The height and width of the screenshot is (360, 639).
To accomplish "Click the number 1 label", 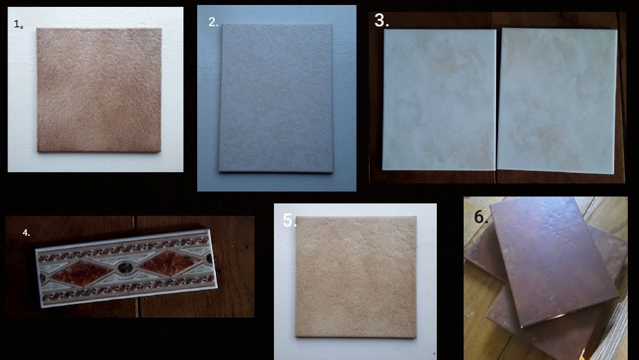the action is [18, 24].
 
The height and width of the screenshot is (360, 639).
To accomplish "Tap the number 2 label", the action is [213, 22].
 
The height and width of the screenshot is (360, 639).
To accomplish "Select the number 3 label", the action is [381, 21].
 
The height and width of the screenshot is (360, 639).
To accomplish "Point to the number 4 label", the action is [26, 233].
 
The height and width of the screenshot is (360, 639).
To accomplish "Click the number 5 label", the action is [290, 220].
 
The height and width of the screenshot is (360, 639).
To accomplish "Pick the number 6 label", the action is [481, 216].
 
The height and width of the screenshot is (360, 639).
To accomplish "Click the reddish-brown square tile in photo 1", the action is [99, 90].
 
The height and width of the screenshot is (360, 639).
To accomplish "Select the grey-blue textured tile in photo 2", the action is [276, 98].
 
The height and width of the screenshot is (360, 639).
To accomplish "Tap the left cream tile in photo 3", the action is [439, 100].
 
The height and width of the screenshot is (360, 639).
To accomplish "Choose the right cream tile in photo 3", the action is [557, 101].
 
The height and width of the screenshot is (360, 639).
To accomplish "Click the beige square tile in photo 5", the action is [356, 277].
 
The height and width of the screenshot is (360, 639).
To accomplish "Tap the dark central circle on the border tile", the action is [124, 268].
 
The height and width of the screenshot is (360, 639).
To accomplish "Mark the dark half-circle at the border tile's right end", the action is [209, 258].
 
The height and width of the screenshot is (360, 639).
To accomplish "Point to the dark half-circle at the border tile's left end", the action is [42, 278].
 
